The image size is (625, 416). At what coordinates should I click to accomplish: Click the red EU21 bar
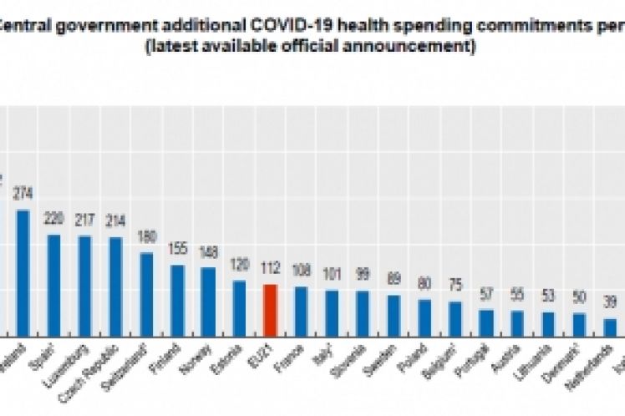(x=270, y=310)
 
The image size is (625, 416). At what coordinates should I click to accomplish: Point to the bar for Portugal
(x=486, y=322)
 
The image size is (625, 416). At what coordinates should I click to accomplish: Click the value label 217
(x=84, y=221)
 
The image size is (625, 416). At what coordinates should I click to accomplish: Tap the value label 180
(x=146, y=236)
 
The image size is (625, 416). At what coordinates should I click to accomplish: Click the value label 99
(x=363, y=275)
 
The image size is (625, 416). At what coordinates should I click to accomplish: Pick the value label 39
(x=610, y=302)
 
